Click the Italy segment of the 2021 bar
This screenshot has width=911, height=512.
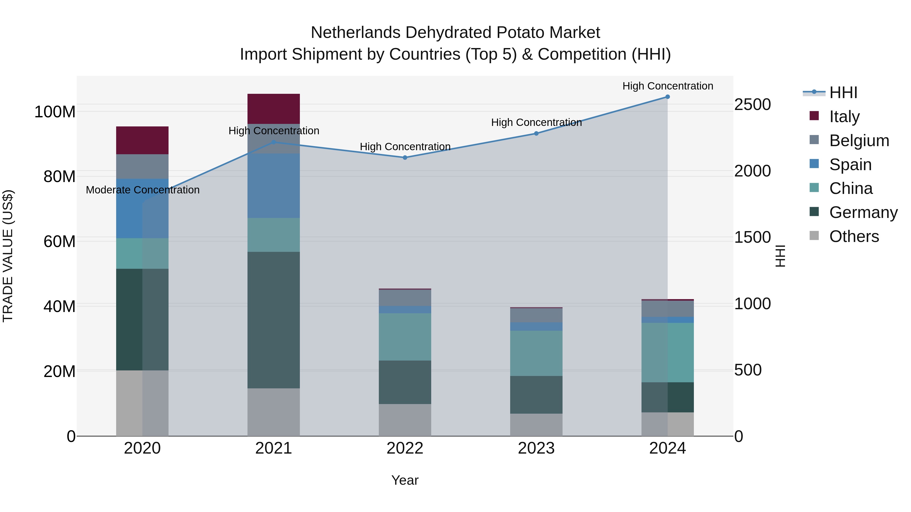[x=273, y=108]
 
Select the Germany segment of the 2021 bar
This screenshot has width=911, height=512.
[x=273, y=320]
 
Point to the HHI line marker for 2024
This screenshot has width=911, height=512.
[x=667, y=97]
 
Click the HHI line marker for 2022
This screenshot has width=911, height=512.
[x=405, y=158]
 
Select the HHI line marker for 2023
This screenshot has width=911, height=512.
[x=536, y=133]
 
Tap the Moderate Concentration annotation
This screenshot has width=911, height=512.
[x=142, y=190]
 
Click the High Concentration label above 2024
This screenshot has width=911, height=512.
[x=667, y=86]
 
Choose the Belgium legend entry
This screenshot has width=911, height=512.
[x=859, y=141]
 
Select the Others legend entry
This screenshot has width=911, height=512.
[x=854, y=236]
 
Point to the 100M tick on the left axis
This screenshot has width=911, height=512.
[x=55, y=112]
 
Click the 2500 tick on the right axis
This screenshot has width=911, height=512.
[x=752, y=105]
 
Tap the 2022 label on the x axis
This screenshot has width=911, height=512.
[x=405, y=448]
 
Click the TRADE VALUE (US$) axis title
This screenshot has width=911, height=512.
[x=8, y=256]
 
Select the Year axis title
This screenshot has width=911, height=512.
[x=405, y=480]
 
